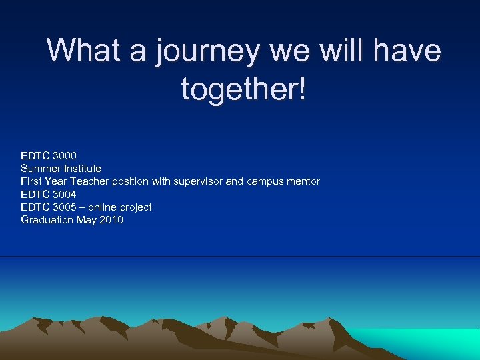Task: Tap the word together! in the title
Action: pos(244,88)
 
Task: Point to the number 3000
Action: pos(65,156)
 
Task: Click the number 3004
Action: pos(65,195)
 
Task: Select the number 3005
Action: pos(65,207)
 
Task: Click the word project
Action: pos(135,207)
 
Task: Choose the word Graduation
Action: pos(47,220)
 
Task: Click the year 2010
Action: pos(111,220)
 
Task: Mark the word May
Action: pos(87,220)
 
